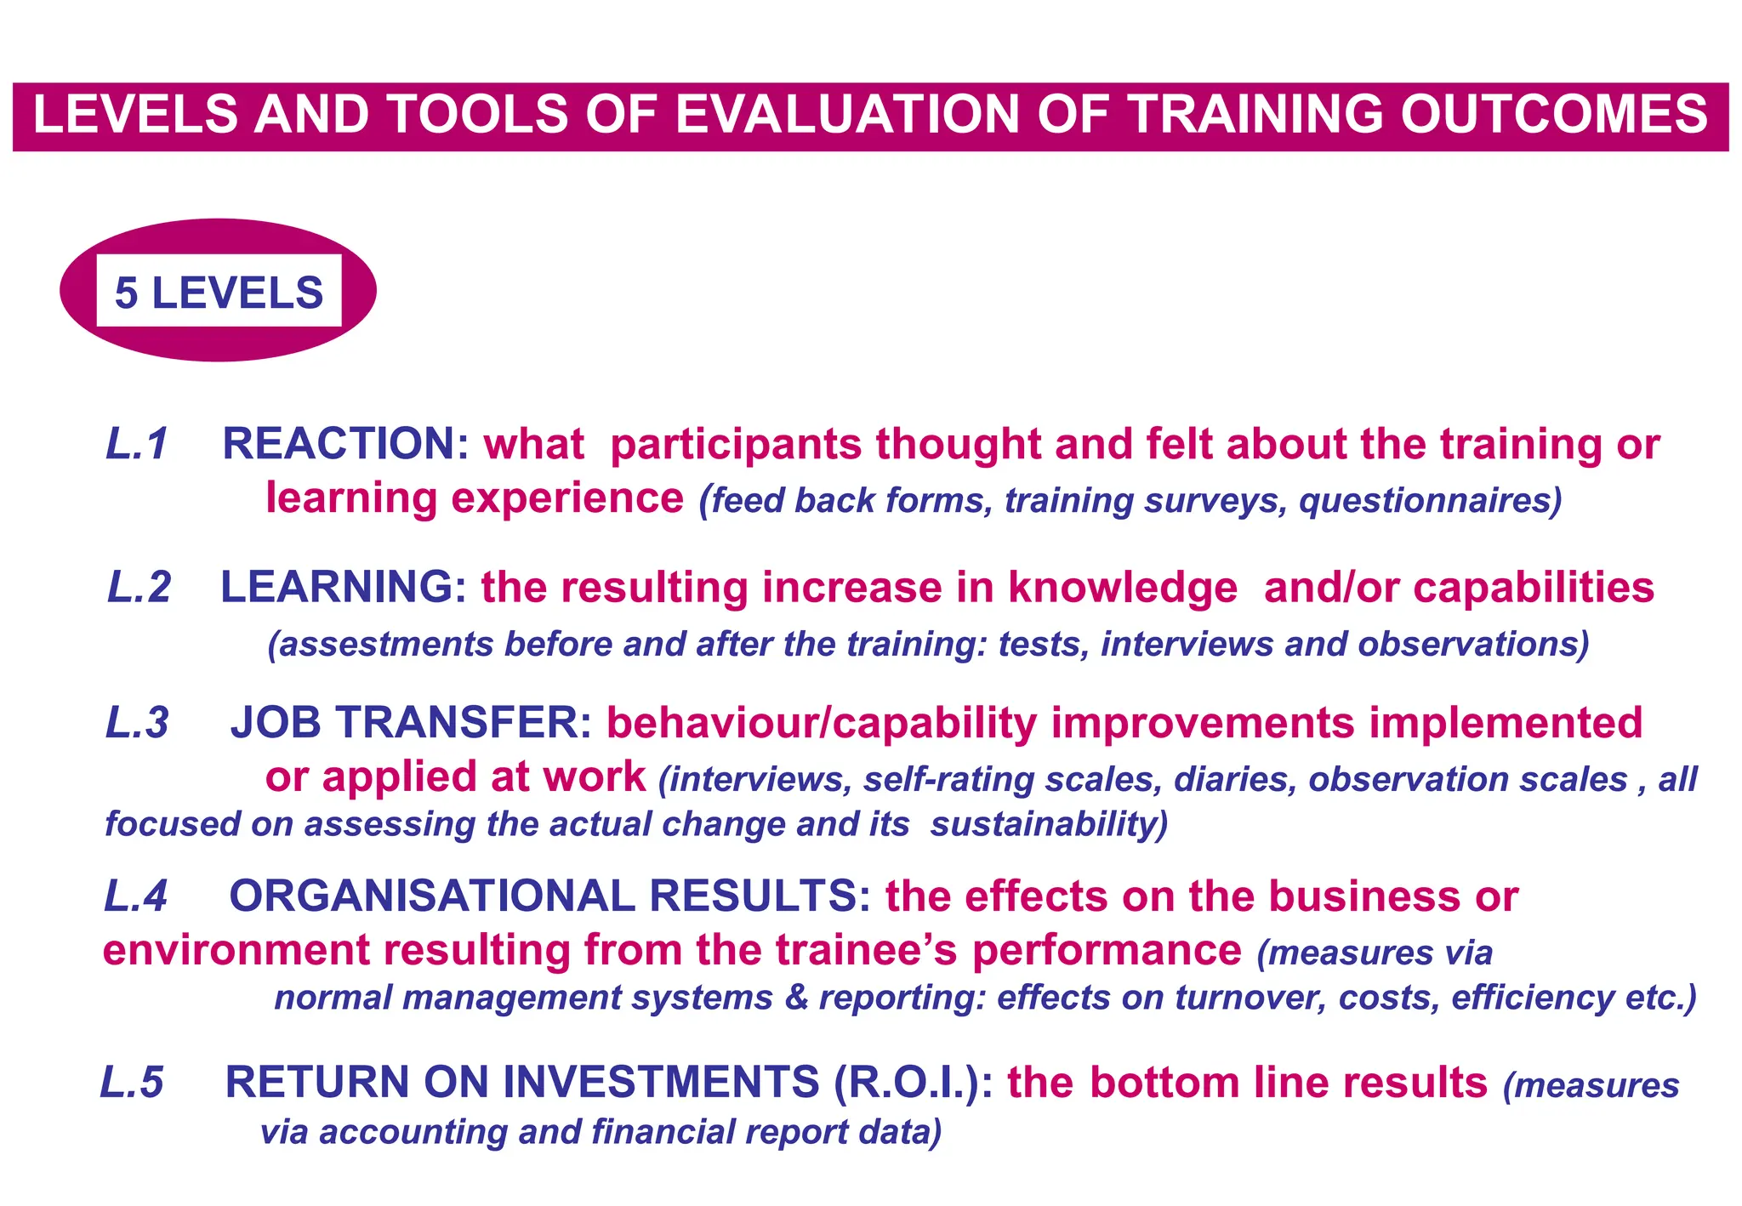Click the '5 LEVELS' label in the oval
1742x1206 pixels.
pyautogui.click(x=219, y=292)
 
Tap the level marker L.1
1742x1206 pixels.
pyautogui.click(x=137, y=444)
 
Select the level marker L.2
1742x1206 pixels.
pyautogui.click(x=139, y=588)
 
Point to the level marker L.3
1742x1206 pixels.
pyautogui.click(x=137, y=723)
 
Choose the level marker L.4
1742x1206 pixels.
pyautogui.click(x=135, y=896)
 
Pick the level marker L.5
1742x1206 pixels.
pyautogui.click(x=132, y=1083)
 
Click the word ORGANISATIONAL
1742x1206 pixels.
pyautogui.click(x=432, y=896)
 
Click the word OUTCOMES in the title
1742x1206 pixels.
pyautogui.click(x=1554, y=115)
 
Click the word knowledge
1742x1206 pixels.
pyautogui.click(x=1123, y=588)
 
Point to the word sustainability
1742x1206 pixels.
pyautogui.click(x=1049, y=825)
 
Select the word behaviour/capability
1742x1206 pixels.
pyautogui.click(x=822, y=723)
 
